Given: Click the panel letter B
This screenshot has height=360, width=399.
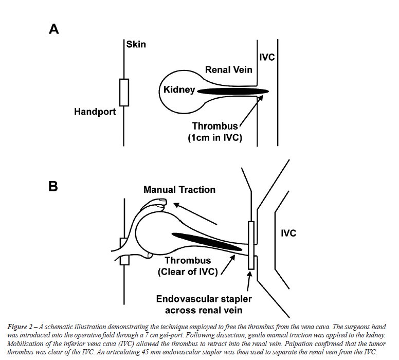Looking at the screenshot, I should [53, 186].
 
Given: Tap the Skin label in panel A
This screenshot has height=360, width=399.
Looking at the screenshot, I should [136, 45].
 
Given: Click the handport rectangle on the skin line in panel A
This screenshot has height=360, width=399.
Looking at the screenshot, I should [123, 91].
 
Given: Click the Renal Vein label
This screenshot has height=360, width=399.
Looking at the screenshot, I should [228, 69].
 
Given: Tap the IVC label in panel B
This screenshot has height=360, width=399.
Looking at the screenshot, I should [288, 233].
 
